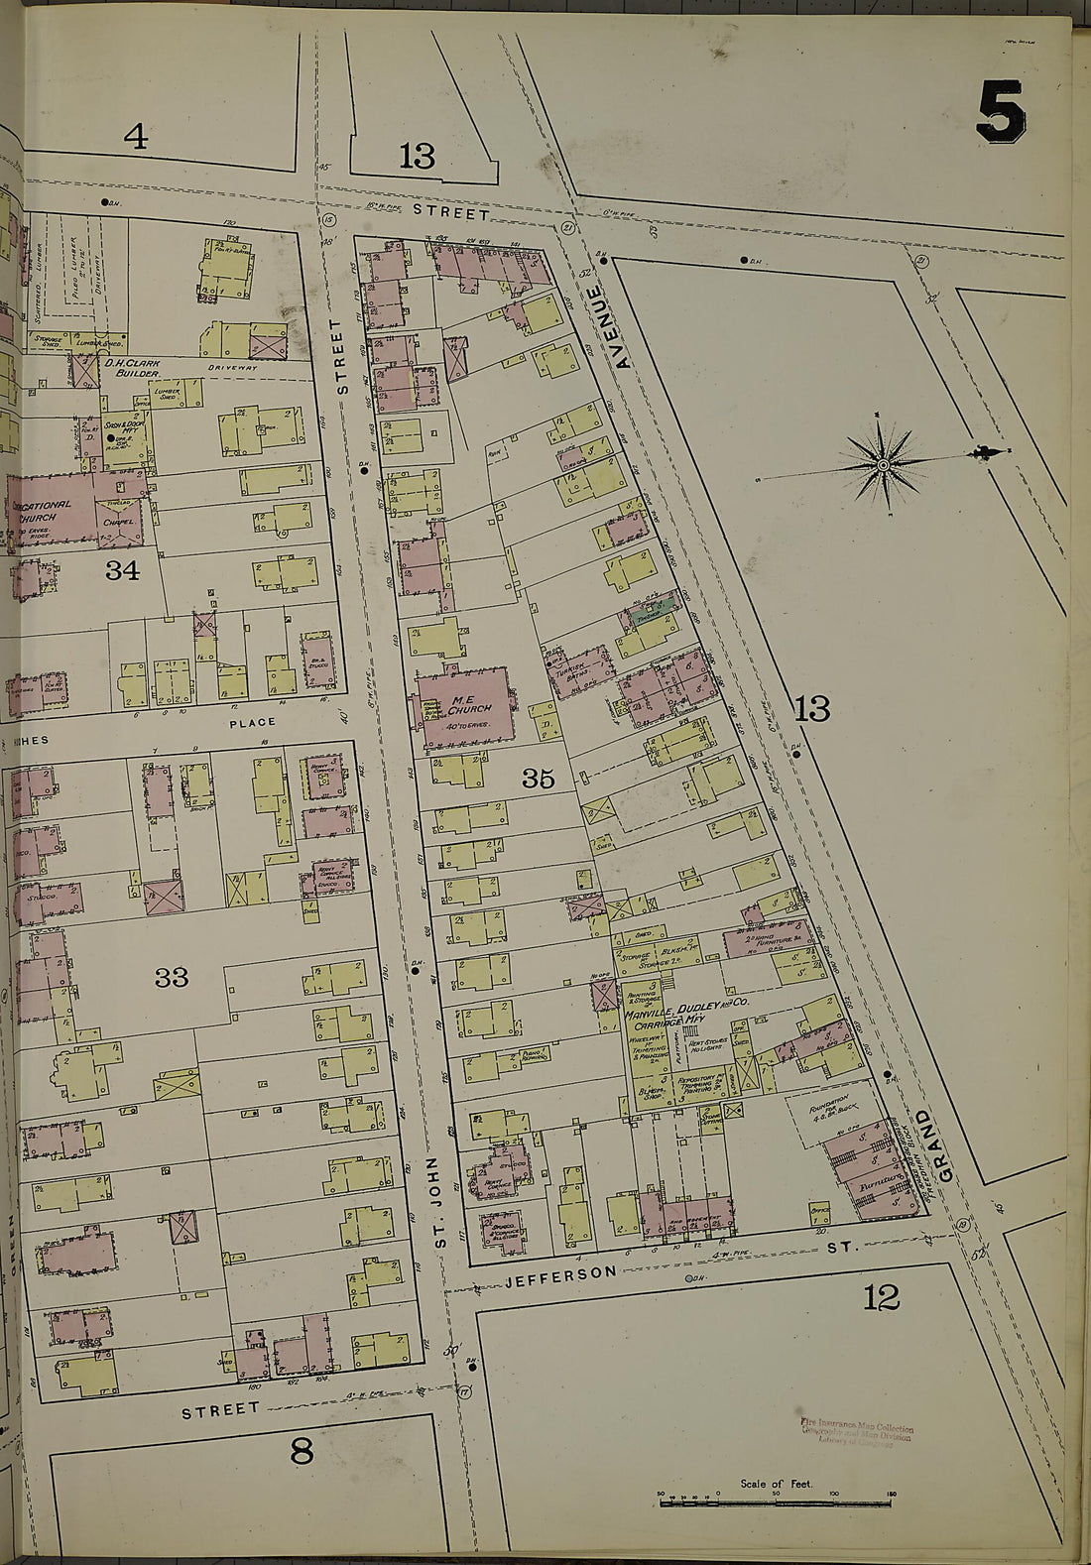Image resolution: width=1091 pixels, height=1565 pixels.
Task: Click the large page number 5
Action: pos(1000,111)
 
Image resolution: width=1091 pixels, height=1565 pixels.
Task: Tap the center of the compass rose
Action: pos(882,463)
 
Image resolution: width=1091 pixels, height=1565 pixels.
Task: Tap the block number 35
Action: pos(538,779)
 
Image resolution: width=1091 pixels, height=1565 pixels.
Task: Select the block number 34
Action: pos(122,570)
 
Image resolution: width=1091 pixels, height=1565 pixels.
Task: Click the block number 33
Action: pos(171,978)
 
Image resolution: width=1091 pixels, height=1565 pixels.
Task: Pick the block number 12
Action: pos(881,1296)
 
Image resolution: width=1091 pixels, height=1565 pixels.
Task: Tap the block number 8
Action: pos(302,1452)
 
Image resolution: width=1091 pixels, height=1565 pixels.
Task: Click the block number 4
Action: pos(136,138)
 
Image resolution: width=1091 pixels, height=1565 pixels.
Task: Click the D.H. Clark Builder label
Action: pos(131,368)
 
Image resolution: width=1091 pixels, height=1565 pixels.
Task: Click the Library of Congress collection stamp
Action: pos(856,1434)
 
